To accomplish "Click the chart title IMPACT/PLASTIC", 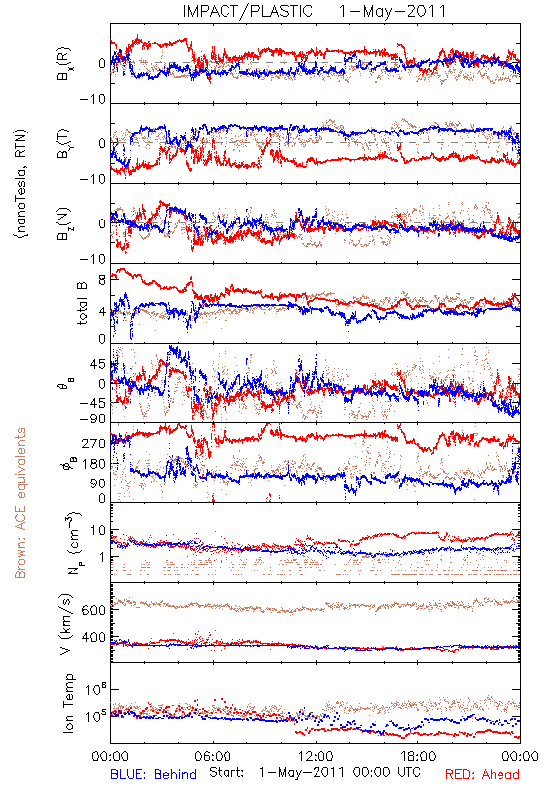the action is click(247, 11).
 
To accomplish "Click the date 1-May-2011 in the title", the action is click(393, 11).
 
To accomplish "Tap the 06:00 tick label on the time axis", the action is click(213, 756).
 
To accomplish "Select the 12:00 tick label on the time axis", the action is click(316, 756).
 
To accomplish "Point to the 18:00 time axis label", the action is click(418, 756).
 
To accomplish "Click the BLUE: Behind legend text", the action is click(153, 774).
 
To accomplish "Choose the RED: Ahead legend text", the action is click(482, 774).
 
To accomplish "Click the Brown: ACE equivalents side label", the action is click(20, 503).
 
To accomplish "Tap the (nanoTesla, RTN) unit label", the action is click(21, 183).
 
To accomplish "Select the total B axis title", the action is click(81, 304).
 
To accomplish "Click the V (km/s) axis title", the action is click(66, 624).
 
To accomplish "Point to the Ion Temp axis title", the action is click(68, 703).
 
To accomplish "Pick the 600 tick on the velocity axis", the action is click(93, 610).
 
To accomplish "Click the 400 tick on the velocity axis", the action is click(93, 637).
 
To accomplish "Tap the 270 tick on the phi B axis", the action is click(93, 443).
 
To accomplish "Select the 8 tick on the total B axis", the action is click(102, 280).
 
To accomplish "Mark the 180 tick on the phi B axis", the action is click(93, 464).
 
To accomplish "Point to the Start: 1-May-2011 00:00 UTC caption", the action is click(315, 773).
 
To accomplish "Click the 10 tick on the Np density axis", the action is click(97, 531).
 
